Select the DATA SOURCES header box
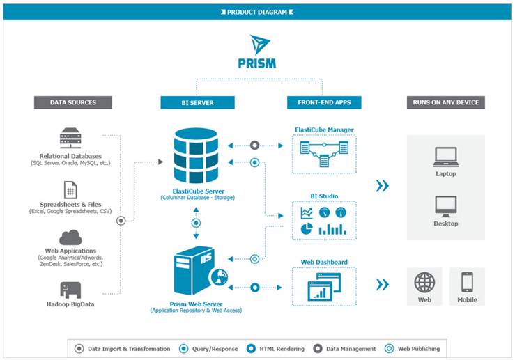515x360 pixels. click(x=73, y=102)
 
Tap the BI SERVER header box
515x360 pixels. click(x=197, y=103)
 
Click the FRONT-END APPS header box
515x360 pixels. click(x=324, y=102)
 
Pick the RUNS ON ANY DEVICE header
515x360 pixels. click(x=446, y=102)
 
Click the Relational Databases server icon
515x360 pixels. click(x=70, y=138)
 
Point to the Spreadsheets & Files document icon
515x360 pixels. click(x=70, y=189)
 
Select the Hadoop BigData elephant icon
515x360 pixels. click(x=70, y=290)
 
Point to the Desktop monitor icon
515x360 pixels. click(x=445, y=207)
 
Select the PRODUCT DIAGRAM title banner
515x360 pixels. click(x=257, y=12)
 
